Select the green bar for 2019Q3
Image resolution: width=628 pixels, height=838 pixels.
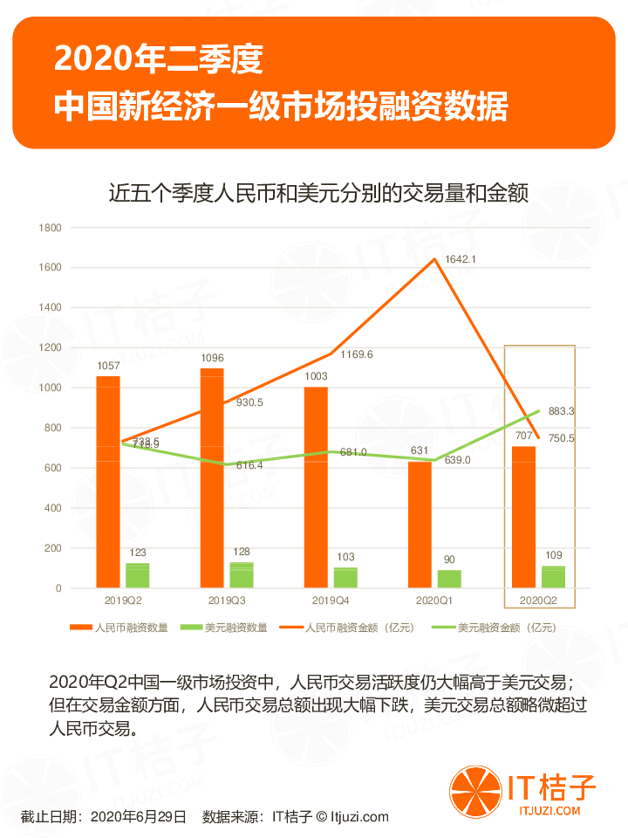(242, 574)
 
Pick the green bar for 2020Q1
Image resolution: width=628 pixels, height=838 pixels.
(449, 578)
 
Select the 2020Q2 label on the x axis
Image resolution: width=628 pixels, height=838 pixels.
(538, 601)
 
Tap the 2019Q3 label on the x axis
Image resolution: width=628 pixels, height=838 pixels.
(227, 601)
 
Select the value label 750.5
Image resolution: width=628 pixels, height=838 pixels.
(562, 438)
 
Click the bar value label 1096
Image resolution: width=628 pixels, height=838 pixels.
(213, 358)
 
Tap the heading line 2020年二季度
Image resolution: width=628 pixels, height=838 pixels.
(158, 60)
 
